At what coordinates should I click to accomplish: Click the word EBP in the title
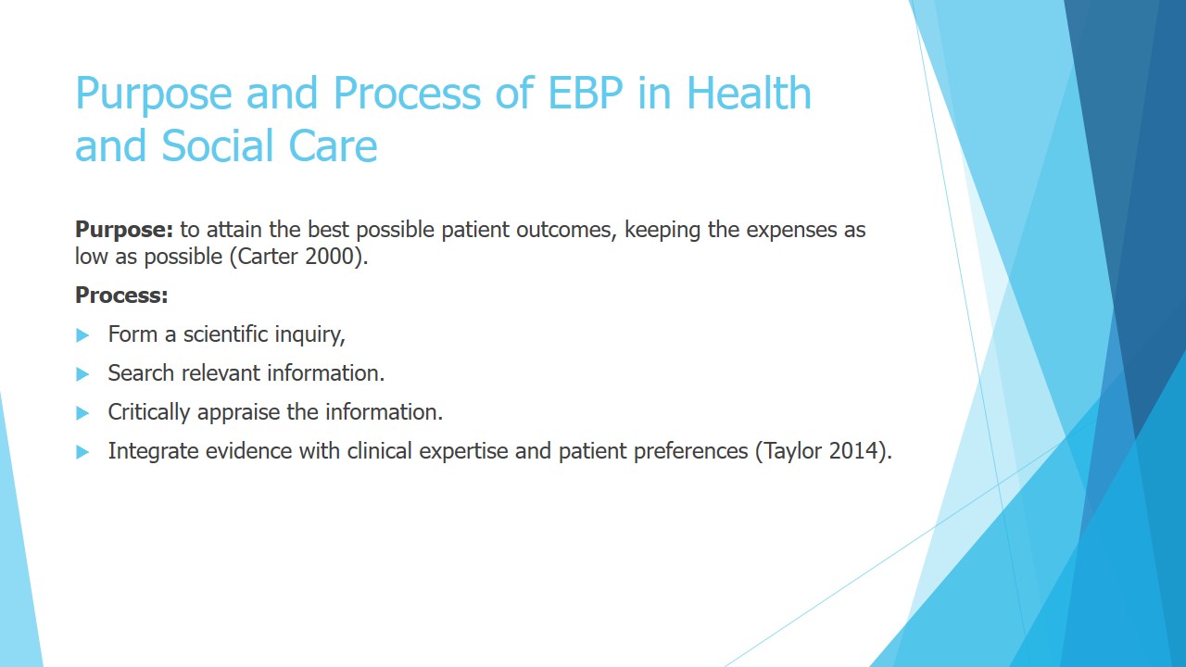click(x=585, y=94)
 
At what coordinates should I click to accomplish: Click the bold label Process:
click(x=121, y=296)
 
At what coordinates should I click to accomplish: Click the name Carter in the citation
click(x=268, y=257)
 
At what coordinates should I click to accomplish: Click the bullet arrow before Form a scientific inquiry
click(x=82, y=335)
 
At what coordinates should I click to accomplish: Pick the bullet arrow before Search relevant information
click(x=82, y=374)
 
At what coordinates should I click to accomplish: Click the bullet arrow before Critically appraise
click(x=82, y=413)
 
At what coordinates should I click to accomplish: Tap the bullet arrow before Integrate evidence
click(x=82, y=452)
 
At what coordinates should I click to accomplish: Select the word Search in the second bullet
click(x=141, y=373)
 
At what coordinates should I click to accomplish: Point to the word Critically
click(x=149, y=413)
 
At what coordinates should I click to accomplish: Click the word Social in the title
click(x=218, y=145)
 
